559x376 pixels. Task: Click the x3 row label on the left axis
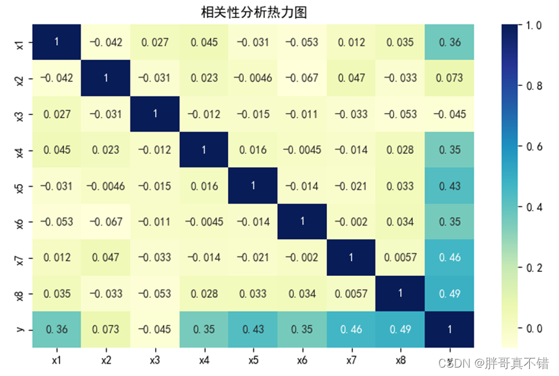pos(20,114)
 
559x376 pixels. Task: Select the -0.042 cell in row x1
pos(105,43)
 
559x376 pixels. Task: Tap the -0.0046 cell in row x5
pos(105,185)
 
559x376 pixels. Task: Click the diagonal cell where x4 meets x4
pos(204,149)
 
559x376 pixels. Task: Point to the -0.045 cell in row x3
pos(449,114)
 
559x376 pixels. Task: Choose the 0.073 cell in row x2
pos(449,78)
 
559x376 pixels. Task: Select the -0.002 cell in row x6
pos(351,220)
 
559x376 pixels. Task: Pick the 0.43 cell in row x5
pos(449,185)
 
